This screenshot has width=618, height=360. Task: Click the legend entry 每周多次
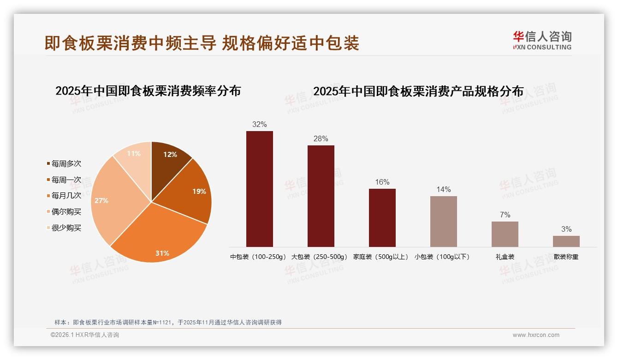click(x=66, y=164)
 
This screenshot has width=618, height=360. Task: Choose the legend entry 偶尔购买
click(x=66, y=212)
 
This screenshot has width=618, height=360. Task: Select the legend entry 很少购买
click(x=66, y=228)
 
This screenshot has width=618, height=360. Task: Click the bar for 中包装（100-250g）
click(x=260, y=189)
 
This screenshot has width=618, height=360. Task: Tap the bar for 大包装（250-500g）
click(x=321, y=196)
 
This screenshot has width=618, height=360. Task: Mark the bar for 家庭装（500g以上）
click(x=382, y=218)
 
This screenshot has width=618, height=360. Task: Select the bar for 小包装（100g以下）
click(x=444, y=222)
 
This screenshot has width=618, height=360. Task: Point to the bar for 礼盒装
click(x=505, y=234)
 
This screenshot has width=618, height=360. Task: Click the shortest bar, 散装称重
click(x=566, y=241)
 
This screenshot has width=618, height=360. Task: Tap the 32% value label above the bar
click(x=260, y=125)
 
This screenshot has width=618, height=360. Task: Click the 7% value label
click(x=505, y=215)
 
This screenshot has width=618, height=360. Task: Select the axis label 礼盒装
click(x=505, y=257)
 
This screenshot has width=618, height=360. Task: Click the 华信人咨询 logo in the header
click(x=542, y=40)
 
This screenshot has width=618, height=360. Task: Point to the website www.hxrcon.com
click(x=536, y=335)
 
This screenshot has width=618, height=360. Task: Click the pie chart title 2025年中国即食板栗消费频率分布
click(x=148, y=91)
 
